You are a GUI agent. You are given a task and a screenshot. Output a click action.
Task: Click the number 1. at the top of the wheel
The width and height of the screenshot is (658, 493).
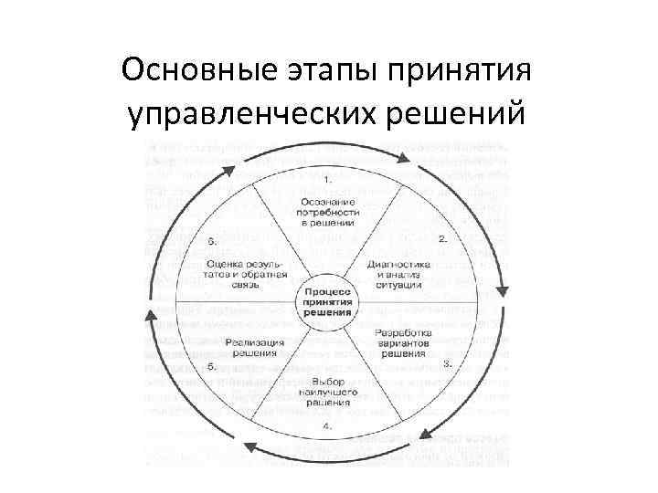click(x=327, y=177)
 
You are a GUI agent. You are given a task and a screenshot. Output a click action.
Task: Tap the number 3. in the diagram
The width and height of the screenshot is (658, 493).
click(x=448, y=362)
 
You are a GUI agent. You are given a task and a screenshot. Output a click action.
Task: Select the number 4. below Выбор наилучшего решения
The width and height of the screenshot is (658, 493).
click(x=327, y=426)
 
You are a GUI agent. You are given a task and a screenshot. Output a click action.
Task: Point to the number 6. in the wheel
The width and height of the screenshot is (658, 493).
click(x=211, y=242)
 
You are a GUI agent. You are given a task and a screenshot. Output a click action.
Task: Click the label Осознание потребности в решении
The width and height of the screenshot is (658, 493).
click(x=327, y=210)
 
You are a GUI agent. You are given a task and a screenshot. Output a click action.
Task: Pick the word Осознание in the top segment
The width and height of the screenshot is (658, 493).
click(x=327, y=199)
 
